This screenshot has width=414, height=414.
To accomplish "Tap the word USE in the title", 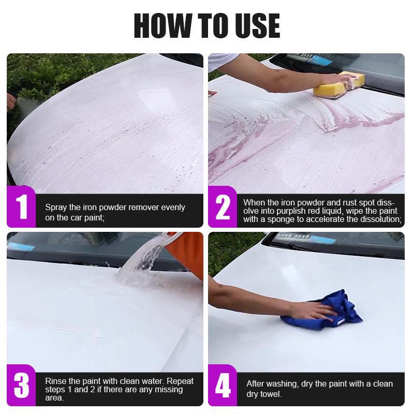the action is (x=257, y=25).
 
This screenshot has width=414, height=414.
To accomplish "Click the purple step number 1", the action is (x=22, y=206).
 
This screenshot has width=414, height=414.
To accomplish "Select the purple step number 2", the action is (x=223, y=208).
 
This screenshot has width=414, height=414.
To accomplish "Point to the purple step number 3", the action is (x=22, y=386).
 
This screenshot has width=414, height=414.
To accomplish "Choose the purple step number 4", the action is (x=223, y=386).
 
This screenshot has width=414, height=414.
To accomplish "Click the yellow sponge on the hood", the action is (x=339, y=84).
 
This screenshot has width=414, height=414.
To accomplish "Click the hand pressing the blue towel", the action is (x=313, y=310).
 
